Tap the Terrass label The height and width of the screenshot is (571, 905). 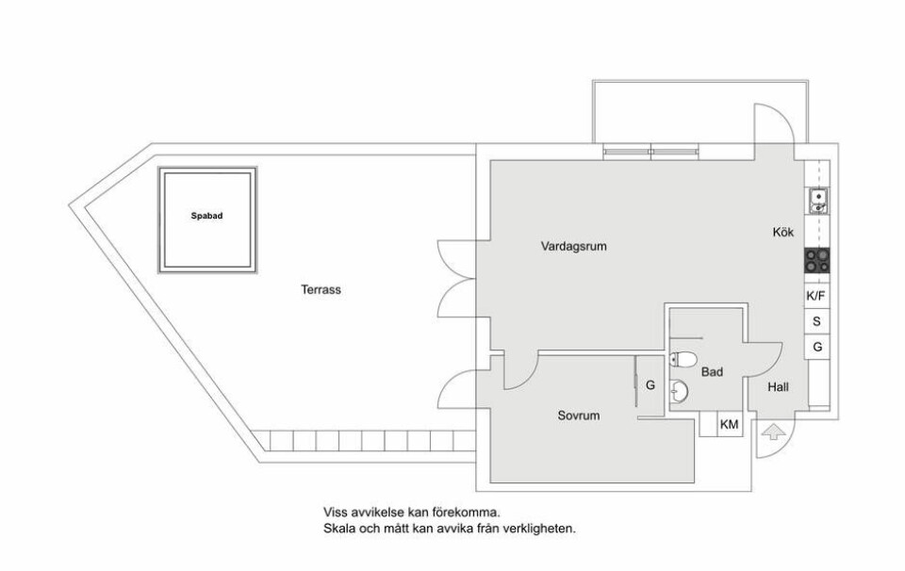(321, 290)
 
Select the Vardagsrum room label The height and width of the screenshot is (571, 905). (573, 246)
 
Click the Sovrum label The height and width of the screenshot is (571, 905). (579, 415)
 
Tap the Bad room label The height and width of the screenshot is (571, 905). (712, 373)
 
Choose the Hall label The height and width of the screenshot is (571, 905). (778, 387)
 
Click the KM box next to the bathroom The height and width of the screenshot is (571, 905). (729, 425)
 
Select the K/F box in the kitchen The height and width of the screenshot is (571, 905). (816, 296)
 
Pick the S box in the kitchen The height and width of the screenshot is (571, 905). (816, 321)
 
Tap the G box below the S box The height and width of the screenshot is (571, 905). (816, 347)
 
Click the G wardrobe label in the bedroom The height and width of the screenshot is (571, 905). (650, 384)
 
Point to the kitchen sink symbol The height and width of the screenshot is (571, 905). (817, 200)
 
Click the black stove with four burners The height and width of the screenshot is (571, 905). (817, 260)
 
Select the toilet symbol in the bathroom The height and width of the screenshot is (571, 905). (685, 358)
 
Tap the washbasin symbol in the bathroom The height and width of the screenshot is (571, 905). (680, 389)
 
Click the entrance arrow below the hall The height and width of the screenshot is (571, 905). (772, 432)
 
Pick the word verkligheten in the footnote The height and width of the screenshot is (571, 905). (540, 529)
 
